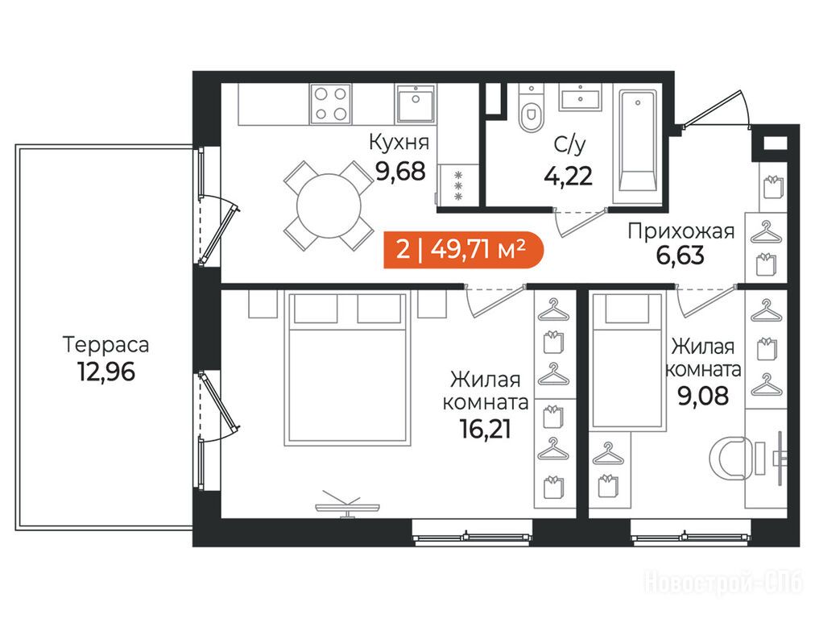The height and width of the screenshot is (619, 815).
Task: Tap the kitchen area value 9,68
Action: [400, 171]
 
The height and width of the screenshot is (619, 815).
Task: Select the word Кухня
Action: [399, 142]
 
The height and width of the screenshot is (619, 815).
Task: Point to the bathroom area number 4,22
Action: [568, 177]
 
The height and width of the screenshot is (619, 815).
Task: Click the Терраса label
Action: [106, 345]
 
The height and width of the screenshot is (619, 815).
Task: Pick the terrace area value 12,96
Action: [106, 372]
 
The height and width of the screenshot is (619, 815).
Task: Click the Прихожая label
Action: [681, 231]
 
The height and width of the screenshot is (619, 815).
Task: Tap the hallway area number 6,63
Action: [681, 255]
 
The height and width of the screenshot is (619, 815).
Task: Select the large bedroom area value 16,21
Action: [485, 429]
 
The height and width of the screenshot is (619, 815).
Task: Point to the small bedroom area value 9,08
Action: [703, 396]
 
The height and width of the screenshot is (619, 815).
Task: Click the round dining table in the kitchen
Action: [329, 206]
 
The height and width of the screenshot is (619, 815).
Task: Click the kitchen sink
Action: [416, 104]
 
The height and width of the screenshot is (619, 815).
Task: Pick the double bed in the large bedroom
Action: [347, 369]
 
